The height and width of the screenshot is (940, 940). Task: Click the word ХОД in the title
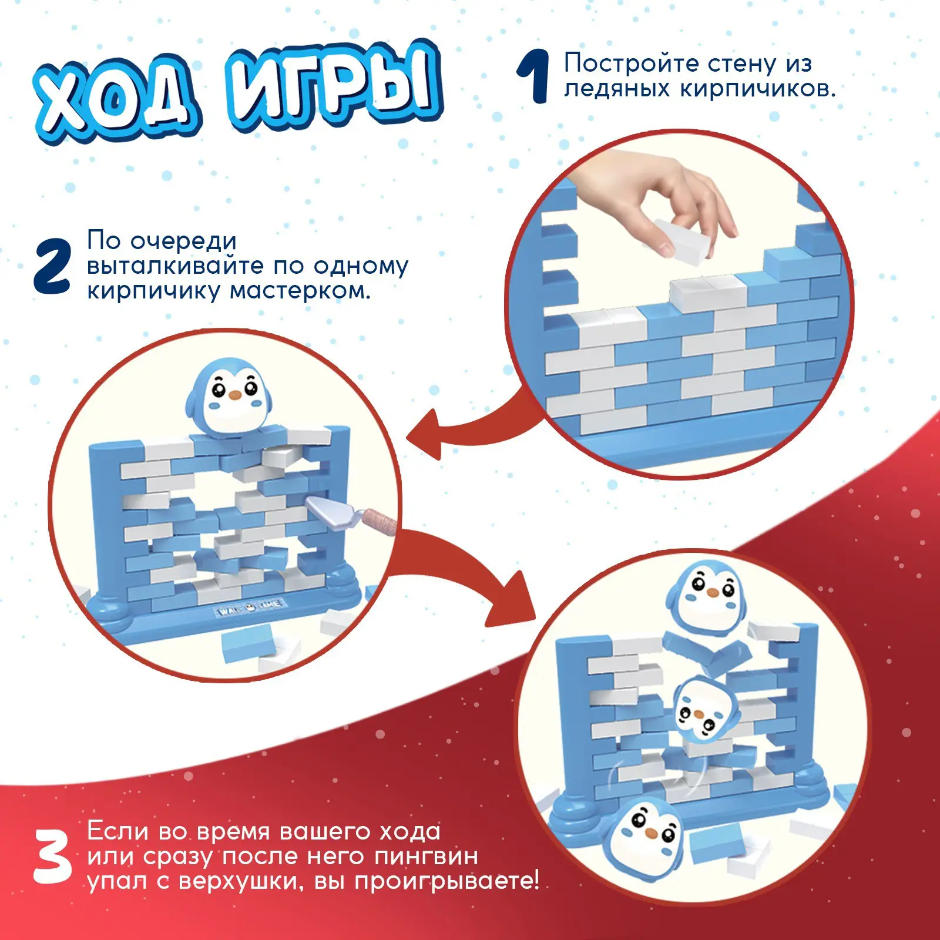tap(117, 100)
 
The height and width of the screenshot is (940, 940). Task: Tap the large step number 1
tap(533, 76)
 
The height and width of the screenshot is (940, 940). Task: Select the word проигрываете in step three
tap(446, 882)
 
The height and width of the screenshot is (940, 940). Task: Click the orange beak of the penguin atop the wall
tap(234, 395)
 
